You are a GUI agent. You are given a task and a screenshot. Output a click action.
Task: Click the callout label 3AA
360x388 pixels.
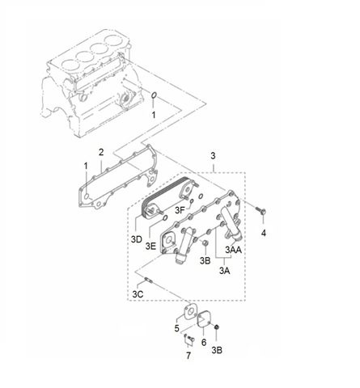(234, 250)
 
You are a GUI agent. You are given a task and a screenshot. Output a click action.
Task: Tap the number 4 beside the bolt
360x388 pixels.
(264, 233)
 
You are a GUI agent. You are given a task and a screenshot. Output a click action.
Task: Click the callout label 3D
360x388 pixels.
(137, 239)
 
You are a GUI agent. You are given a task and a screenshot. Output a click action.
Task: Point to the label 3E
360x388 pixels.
(150, 246)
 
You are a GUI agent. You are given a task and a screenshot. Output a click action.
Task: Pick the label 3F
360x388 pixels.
(180, 210)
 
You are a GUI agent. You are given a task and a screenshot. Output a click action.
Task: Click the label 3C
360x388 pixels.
(138, 294)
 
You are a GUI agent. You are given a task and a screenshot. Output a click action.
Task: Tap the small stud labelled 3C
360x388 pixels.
(149, 280)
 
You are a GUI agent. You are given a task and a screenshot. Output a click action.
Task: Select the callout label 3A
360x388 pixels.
(224, 271)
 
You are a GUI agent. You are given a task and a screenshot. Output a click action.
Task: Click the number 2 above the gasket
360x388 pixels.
(101, 152)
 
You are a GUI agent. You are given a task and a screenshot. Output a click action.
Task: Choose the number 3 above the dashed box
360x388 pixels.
(213, 155)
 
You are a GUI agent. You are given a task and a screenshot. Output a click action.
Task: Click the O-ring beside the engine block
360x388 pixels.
(154, 95)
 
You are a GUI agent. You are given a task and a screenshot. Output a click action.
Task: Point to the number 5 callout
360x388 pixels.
(177, 328)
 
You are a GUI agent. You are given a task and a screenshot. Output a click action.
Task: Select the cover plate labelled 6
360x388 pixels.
(205, 319)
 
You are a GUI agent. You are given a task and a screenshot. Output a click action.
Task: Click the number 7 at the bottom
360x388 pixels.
(188, 356)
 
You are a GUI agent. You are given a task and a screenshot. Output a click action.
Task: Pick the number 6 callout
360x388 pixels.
(204, 342)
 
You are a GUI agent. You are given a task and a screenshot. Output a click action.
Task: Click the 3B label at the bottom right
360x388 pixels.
(217, 350)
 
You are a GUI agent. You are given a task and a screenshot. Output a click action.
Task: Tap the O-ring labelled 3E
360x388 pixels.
(165, 217)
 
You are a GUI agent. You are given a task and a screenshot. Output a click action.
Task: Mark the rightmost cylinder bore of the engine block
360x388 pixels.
(116, 41)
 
